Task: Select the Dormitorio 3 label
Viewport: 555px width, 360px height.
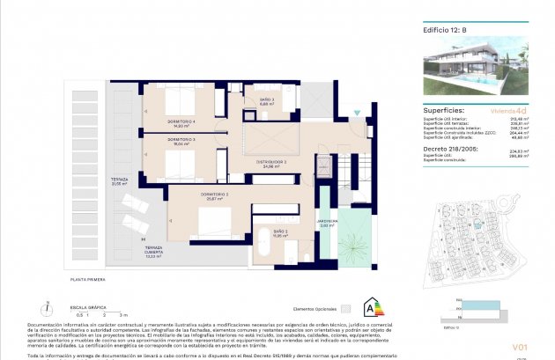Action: point(183,142)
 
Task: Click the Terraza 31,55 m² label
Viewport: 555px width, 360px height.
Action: point(120,180)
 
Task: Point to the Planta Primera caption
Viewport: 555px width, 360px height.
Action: point(88,279)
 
